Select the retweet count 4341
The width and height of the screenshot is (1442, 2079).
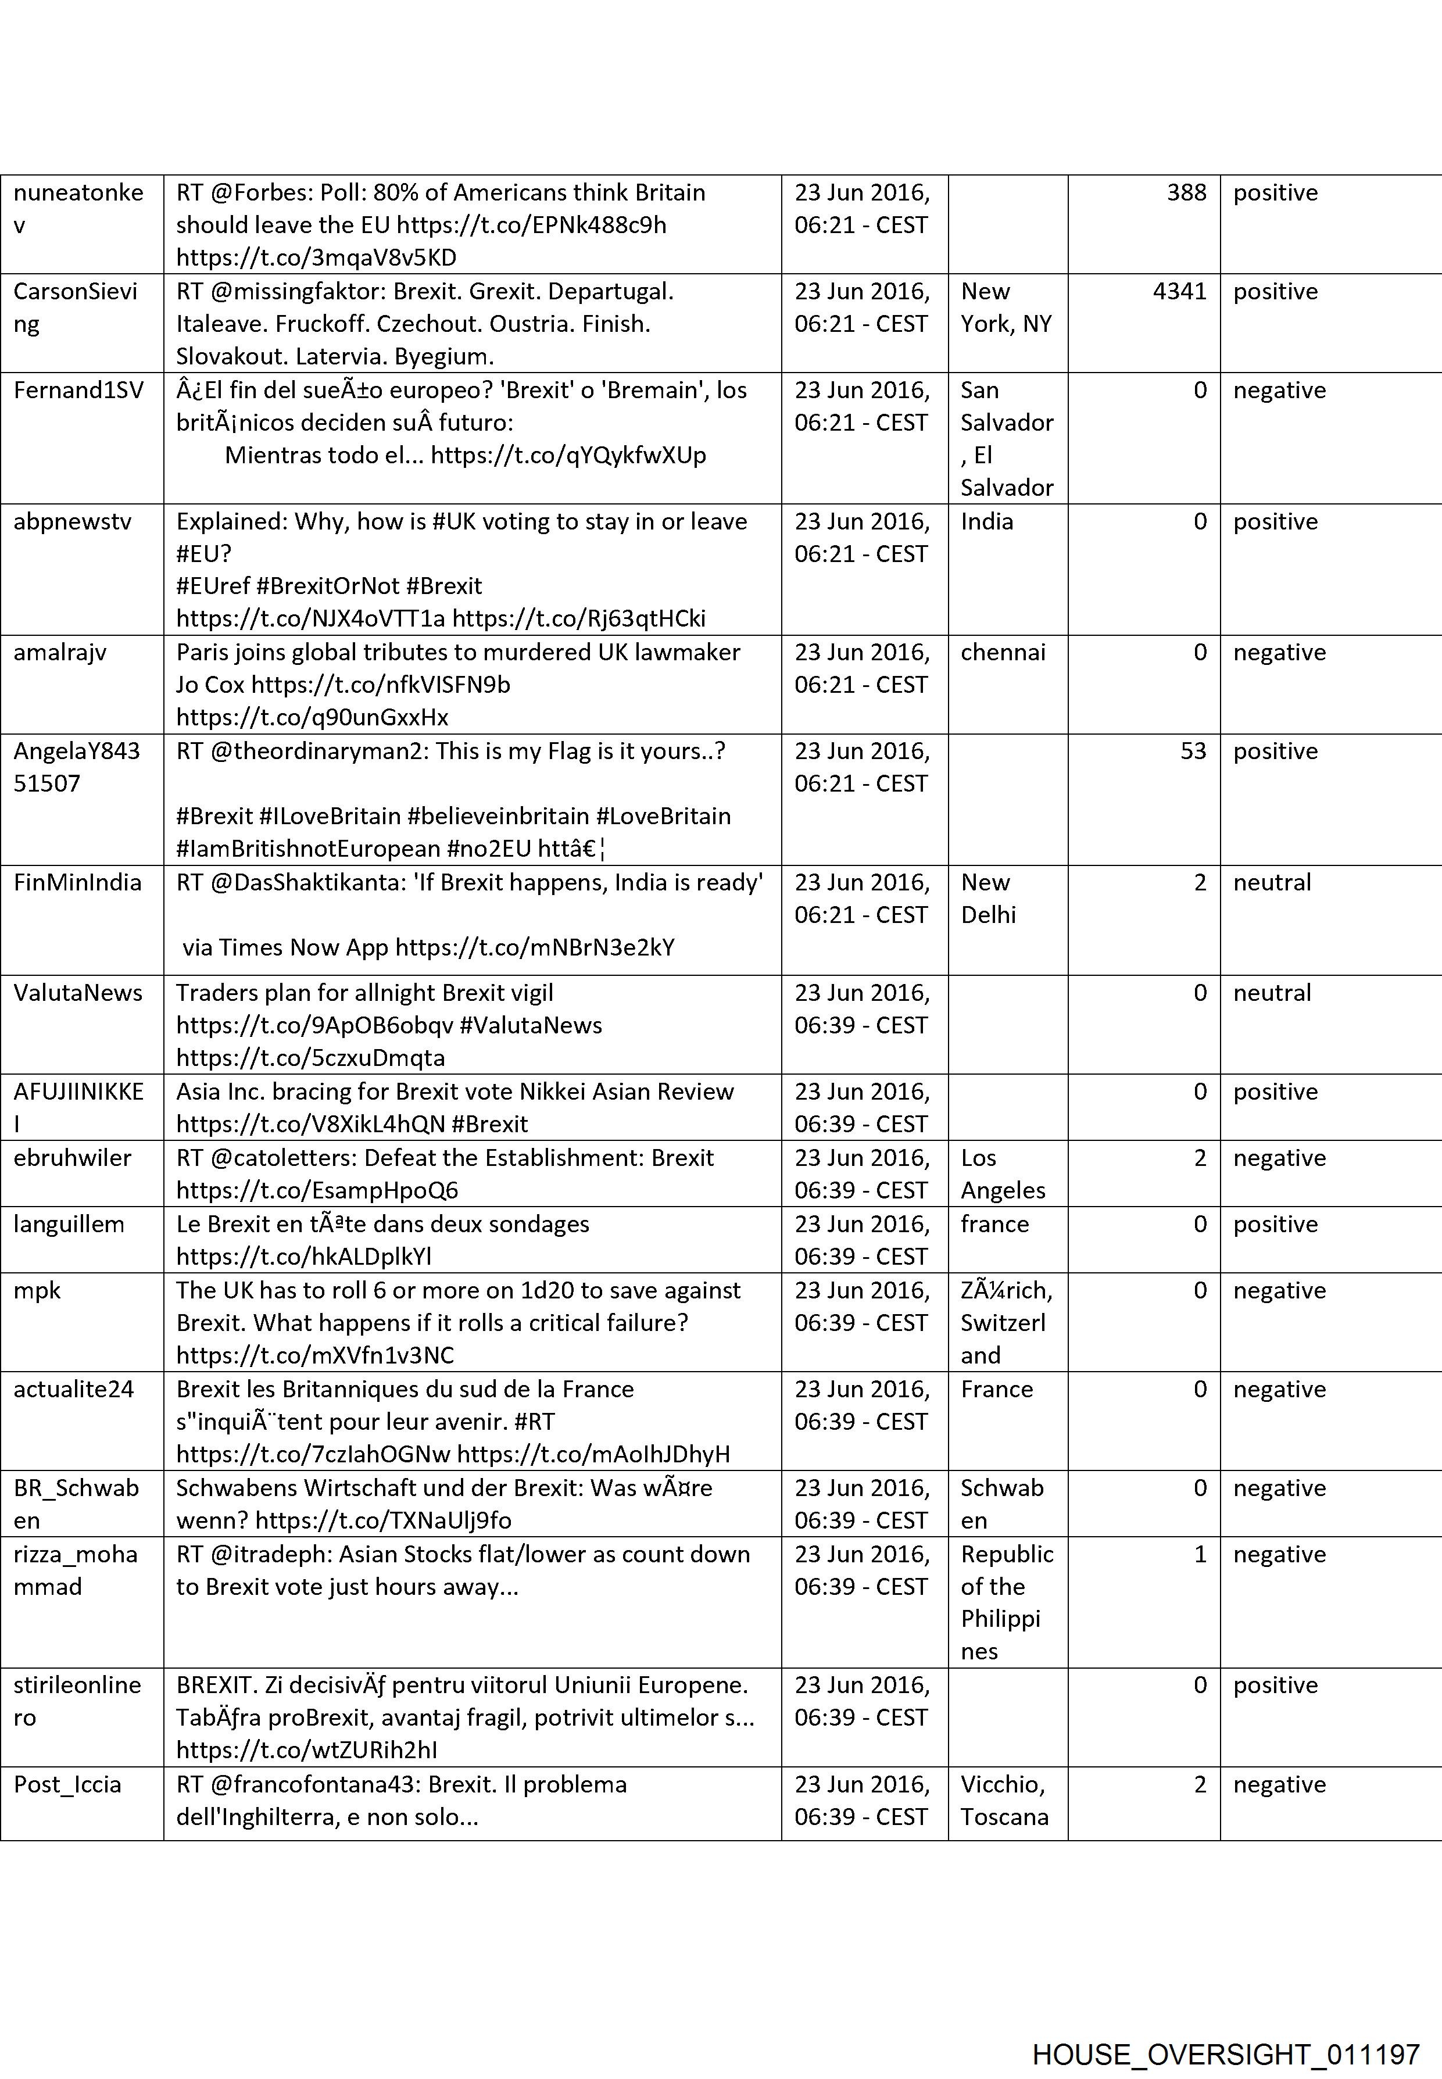(1179, 292)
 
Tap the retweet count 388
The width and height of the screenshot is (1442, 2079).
(1186, 192)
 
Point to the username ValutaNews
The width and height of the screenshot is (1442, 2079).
(78, 992)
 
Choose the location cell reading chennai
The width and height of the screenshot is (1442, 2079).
(1003, 652)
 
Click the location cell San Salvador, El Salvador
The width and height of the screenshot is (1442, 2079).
(1007, 438)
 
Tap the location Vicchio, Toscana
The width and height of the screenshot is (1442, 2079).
(1004, 1800)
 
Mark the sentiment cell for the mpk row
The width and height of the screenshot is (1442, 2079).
(1279, 1290)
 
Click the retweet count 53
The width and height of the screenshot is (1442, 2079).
(1193, 751)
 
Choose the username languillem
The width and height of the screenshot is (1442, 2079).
(69, 1224)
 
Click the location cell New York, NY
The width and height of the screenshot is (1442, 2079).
(1006, 307)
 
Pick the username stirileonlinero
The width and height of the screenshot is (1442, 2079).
(77, 1701)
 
